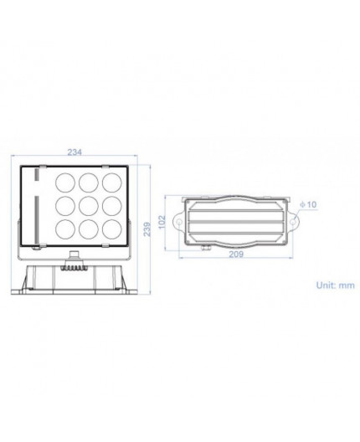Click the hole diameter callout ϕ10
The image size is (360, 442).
[306, 203]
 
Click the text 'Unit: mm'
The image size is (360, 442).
[336, 285]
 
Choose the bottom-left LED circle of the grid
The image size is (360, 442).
[64, 228]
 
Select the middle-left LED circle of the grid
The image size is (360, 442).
[64, 206]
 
